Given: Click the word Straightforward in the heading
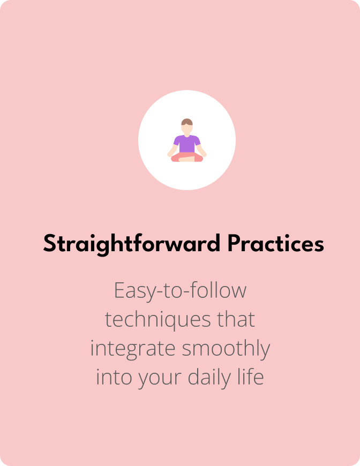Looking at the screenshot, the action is point(132,244).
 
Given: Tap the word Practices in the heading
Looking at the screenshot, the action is point(275,243).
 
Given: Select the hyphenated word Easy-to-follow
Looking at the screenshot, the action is point(180,291).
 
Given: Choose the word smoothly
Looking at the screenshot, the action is point(226,349).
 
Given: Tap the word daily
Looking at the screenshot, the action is point(209,378).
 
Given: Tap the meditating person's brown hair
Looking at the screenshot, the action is point(187,122).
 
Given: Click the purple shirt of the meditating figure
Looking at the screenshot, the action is point(187,144).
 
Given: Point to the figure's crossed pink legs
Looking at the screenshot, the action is point(187,157).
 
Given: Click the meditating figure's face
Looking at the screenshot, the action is point(187,128).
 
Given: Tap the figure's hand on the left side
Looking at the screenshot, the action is point(170,154).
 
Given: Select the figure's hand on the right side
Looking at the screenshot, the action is point(204,154).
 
